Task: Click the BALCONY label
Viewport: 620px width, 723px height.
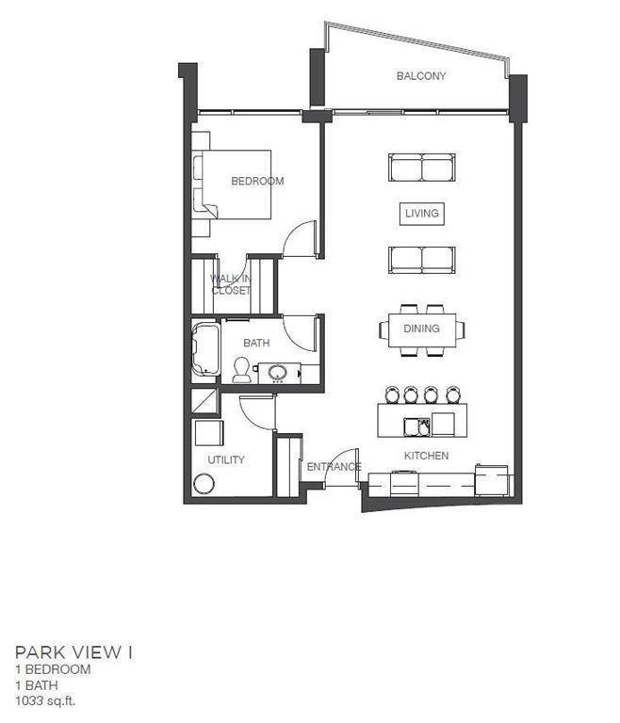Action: pyautogui.click(x=421, y=75)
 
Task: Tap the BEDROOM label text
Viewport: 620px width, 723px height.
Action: pyautogui.click(x=257, y=181)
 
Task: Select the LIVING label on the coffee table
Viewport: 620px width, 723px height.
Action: pyautogui.click(x=422, y=213)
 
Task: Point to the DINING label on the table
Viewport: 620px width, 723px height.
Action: pyautogui.click(x=421, y=329)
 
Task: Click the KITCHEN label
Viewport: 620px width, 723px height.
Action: pyautogui.click(x=426, y=456)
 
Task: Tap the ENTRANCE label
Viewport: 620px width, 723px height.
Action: pyautogui.click(x=334, y=467)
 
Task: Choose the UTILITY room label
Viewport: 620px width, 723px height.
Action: pyautogui.click(x=226, y=459)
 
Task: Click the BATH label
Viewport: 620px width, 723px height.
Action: pyautogui.click(x=256, y=343)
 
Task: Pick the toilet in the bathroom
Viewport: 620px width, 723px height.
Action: pyautogui.click(x=241, y=370)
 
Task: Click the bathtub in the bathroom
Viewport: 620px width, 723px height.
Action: pyautogui.click(x=206, y=348)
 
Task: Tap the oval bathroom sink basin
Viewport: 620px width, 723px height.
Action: pyautogui.click(x=278, y=372)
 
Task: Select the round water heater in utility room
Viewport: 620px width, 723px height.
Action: pyautogui.click(x=204, y=484)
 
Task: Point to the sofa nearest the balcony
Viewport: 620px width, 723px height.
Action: pyautogui.click(x=422, y=168)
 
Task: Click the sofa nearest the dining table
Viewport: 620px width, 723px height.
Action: pyautogui.click(x=422, y=260)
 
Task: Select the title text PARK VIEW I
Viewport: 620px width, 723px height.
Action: pyautogui.click(x=74, y=652)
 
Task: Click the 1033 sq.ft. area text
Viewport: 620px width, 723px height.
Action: pyautogui.click(x=45, y=700)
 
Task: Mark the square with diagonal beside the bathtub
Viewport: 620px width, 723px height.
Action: pyautogui.click(x=204, y=402)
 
